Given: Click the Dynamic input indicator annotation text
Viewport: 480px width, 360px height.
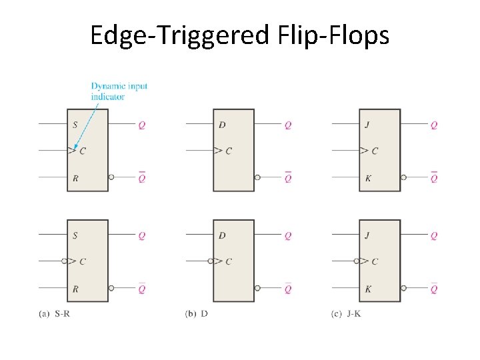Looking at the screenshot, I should pyautogui.click(x=119, y=91).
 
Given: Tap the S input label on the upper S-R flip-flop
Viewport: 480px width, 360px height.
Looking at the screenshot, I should pyautogui.click(x=75, y=125).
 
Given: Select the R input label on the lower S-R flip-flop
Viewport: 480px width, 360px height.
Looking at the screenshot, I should pyautogui.click(x=75, y=289).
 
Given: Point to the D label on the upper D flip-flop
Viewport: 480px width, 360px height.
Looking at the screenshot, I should pyautogui.click(x=222, y=125).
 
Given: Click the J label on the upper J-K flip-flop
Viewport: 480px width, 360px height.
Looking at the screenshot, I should pyautogui.click(x=368, y=125).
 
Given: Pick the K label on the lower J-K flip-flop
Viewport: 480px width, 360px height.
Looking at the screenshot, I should pyautogui.click(x=368, y=289).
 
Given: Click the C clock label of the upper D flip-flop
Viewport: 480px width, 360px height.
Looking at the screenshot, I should pyautogui.click(x=228, y=151).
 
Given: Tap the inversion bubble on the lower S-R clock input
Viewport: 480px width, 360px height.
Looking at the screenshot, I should pyautogui.click(x=65, y=261).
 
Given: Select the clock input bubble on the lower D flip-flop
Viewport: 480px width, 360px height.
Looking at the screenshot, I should pyautogui.click(x=211, y=261).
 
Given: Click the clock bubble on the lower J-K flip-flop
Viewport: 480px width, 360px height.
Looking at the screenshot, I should pyautogui.click(x=357, y=261).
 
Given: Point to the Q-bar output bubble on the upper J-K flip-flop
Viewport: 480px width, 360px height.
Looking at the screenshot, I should pyautogui.click(x=404, y=177).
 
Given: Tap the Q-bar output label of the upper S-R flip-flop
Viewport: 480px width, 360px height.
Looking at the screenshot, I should pyautogui.click(x=142, y=177).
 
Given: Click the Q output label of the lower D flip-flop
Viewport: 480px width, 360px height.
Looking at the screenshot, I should pyautogui.click(x=288, y=235).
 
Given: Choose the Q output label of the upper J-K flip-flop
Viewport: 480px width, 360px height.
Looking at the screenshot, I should pyautogui.click(x=434, y=125).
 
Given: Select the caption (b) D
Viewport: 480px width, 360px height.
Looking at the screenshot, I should pyautogui.click(x=196, y=313).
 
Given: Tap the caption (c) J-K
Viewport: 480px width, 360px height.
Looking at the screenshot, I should pyautogui.click(x=345, y=313).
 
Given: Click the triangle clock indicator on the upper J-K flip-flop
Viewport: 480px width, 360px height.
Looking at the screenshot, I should pyautogui.click(x=363, y=151).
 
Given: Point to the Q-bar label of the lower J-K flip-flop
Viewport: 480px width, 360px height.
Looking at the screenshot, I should pyautogui.click(x=434, y=289).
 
